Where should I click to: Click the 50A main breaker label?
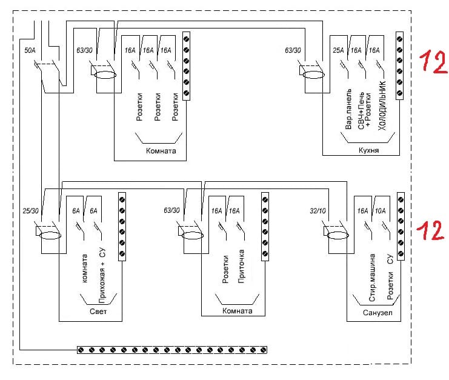[x=29, y=51]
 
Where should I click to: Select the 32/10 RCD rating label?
[x=318, y=210]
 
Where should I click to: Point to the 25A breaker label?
[x=339, y=51]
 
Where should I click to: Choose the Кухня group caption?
[x=368, y=150]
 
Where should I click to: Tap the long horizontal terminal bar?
[x=173, y=350]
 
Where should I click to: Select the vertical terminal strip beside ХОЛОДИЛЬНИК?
[x=399, y=65]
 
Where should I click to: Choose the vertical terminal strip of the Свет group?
[x=121, y=227]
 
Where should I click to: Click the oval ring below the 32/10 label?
[x=338, y=235]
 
